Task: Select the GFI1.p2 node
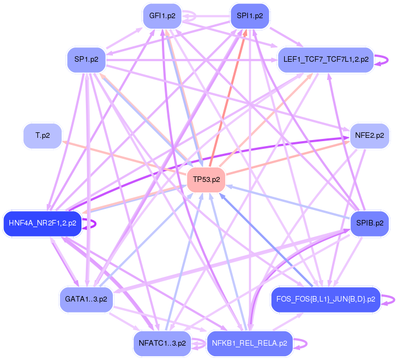[x=162, y=15]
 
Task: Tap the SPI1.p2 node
[x=249, y=15]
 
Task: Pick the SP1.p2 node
[x=86, y=60]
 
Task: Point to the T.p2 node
[x=42, y=136]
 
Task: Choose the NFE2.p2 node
[x=369, y=135]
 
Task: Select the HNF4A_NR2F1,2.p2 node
[x=42, y=223]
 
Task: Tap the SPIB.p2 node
[x=369, y=223]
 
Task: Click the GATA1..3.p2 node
[x=86, y=299]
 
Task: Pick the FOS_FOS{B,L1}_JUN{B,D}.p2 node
[x=326, y=299]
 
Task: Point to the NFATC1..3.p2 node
[x=162, y=343]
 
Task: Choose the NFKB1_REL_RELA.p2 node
[x=249, y=343]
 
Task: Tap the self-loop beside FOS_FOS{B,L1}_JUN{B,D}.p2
[x=389, y=299]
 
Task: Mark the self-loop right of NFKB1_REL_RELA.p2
[x=302, y=343]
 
